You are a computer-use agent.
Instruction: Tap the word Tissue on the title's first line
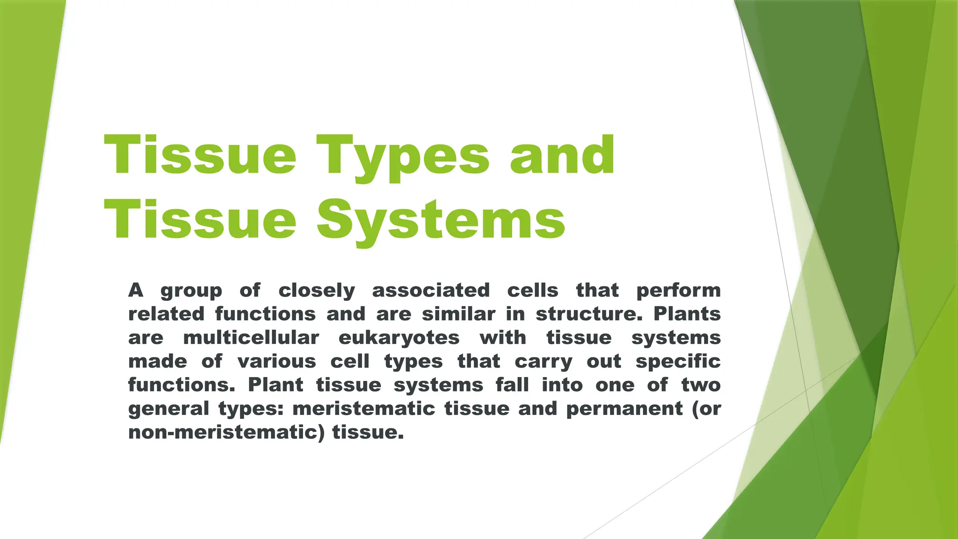pyautogui.click(x=200, y=154)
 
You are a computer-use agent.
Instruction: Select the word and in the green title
pyautogui.click(x=562, y=154)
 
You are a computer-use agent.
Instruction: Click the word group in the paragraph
pyautogui.click(x=191, y=291)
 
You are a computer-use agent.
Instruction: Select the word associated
pyautogui.click(x=431, y=290)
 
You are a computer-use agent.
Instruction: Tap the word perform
pyautogui.click(x=679, y=291)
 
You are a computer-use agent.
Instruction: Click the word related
pyautogui.click(x=167, y=313)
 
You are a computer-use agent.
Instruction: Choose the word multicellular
pyautogui.click(x=251, y=337)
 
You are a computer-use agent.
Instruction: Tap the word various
pyautogui.click(x=277, y=361)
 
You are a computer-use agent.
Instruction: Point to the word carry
pyautogui.click(x=544, y=363)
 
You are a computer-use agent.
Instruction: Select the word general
pyautogui.click(x=168, y=410)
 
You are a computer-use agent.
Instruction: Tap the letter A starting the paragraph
pyautogui.click(x=136, y=290)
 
